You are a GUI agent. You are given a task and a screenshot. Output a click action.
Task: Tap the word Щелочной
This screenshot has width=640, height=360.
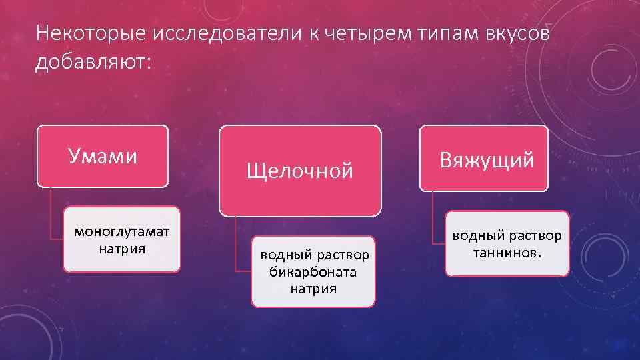click(300, 171)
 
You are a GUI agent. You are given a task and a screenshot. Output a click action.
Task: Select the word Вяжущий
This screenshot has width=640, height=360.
click(487, 161)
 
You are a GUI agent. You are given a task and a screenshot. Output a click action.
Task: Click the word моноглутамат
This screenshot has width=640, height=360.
click(122, 232)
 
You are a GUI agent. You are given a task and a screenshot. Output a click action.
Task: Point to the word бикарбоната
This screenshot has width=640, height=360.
click(313, 272)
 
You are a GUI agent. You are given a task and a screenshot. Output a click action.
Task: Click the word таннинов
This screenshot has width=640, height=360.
click(507, 253)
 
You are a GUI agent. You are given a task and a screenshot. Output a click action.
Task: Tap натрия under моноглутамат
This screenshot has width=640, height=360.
click(122, 249)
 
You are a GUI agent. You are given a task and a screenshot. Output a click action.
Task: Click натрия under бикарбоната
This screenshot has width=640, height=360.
click(313, 289)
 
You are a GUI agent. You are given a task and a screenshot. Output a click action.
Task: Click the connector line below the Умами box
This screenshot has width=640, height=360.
click(50, 213)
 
